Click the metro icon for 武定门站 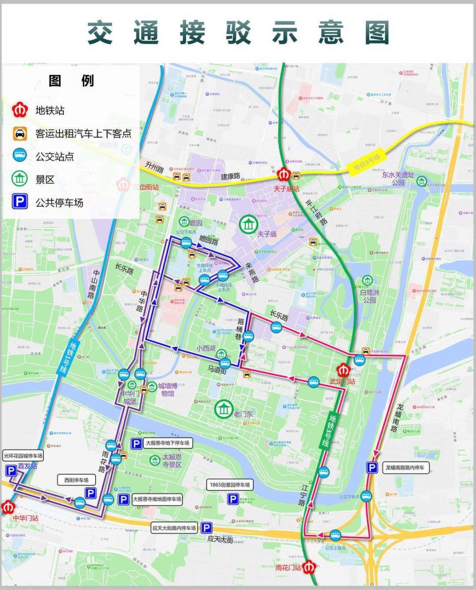pyautogui.click(x=344, y=370)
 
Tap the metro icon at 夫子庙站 pyautogui.click(x=284, y=174)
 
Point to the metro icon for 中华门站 pyautogui.click(x=7, y=508)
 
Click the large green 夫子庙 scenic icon pyautogui.click(x=247, y=224)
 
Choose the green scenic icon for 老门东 pyautogui.click(x=223, y=409)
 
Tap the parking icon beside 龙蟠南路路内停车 pyautogui.click(x=372, y=467)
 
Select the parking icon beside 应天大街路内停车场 pyautogui.click(x=206, y=528)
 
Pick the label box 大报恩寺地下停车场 pyautogui.click(x=167, y=443)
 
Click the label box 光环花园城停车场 pyautogui.click(x=23, y=456)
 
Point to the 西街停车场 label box pyautogui.click(x=76, y=480)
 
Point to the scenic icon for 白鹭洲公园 pyautogui.click(x=367, y=281)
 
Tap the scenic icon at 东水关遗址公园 pyautogui.click(x=421, y=181)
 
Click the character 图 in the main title pyautogui.click(x=377, y=33)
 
